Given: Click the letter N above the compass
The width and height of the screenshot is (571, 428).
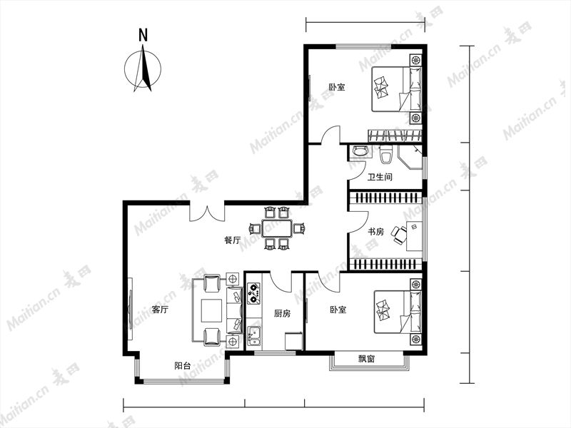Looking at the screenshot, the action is click(143, 35).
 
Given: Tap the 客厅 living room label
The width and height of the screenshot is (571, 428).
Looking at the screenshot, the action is click(160, 310).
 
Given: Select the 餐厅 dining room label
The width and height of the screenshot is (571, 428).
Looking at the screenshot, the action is click(233, 240).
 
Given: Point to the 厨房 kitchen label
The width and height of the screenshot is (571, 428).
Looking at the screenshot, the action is click(282, 313).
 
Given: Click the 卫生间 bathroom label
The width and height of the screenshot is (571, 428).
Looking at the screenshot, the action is click(380, 177).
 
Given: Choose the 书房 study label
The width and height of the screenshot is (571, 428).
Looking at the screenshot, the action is click(375, 231).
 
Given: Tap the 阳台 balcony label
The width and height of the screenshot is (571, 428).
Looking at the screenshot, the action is click(182, 366).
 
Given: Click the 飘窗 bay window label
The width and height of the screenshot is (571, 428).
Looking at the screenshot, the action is click(366, 359).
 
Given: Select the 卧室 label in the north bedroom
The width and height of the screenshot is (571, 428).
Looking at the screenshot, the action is click(337, 87).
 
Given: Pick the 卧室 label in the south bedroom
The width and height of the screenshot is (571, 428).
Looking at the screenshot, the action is click(338, 310).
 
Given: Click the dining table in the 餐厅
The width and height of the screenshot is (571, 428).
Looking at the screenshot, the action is click(277, 228).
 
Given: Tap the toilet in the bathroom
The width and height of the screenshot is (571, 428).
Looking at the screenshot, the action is click(385, 154).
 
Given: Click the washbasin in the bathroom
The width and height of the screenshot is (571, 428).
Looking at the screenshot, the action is click(360, 151).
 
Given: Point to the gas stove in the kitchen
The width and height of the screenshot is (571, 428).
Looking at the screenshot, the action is click(254, 294).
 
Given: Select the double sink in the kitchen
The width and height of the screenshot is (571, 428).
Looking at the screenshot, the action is click(254, 335).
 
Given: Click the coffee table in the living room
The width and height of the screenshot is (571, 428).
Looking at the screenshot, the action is click(211, 310).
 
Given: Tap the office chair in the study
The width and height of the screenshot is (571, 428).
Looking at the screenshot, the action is click(399, 235).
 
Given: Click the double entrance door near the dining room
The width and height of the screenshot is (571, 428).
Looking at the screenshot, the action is click(207, 213).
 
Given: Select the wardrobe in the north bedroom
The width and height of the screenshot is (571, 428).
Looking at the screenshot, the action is click(395, 136).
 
